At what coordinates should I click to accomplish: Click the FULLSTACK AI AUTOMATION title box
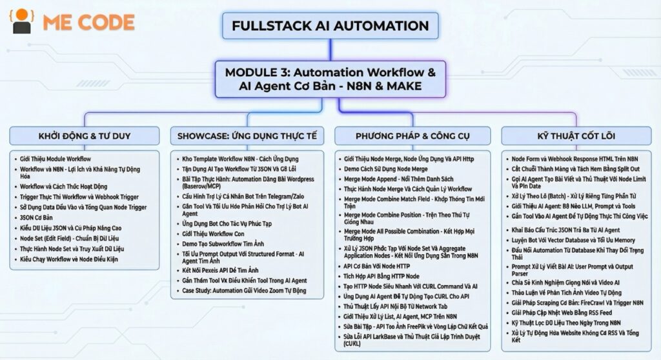pyautogui.click(x=330, y=26)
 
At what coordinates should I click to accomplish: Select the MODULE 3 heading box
pyautogui.click(x=330, y=79)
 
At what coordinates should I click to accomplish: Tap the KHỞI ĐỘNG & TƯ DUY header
pyautogui.click(x=84, y=135)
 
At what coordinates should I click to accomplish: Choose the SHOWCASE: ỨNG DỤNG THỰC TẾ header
pyautogui.click(x=248, y=135)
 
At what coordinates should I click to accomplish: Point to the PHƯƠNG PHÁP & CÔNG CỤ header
pyautogui.click(x=412, y=135)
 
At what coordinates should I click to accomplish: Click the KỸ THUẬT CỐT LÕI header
pyautogui.click(x=576, y=135)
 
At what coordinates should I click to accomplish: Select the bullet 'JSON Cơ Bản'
pyautogui.click(x=36, y=217)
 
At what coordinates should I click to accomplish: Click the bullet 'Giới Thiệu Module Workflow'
pyautogui.click(x=56, y=159)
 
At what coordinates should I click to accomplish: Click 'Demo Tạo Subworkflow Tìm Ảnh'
pyautogui.click(x=223, y=243)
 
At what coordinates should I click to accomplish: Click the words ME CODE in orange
pyautogui.click(x=88, y=23)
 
